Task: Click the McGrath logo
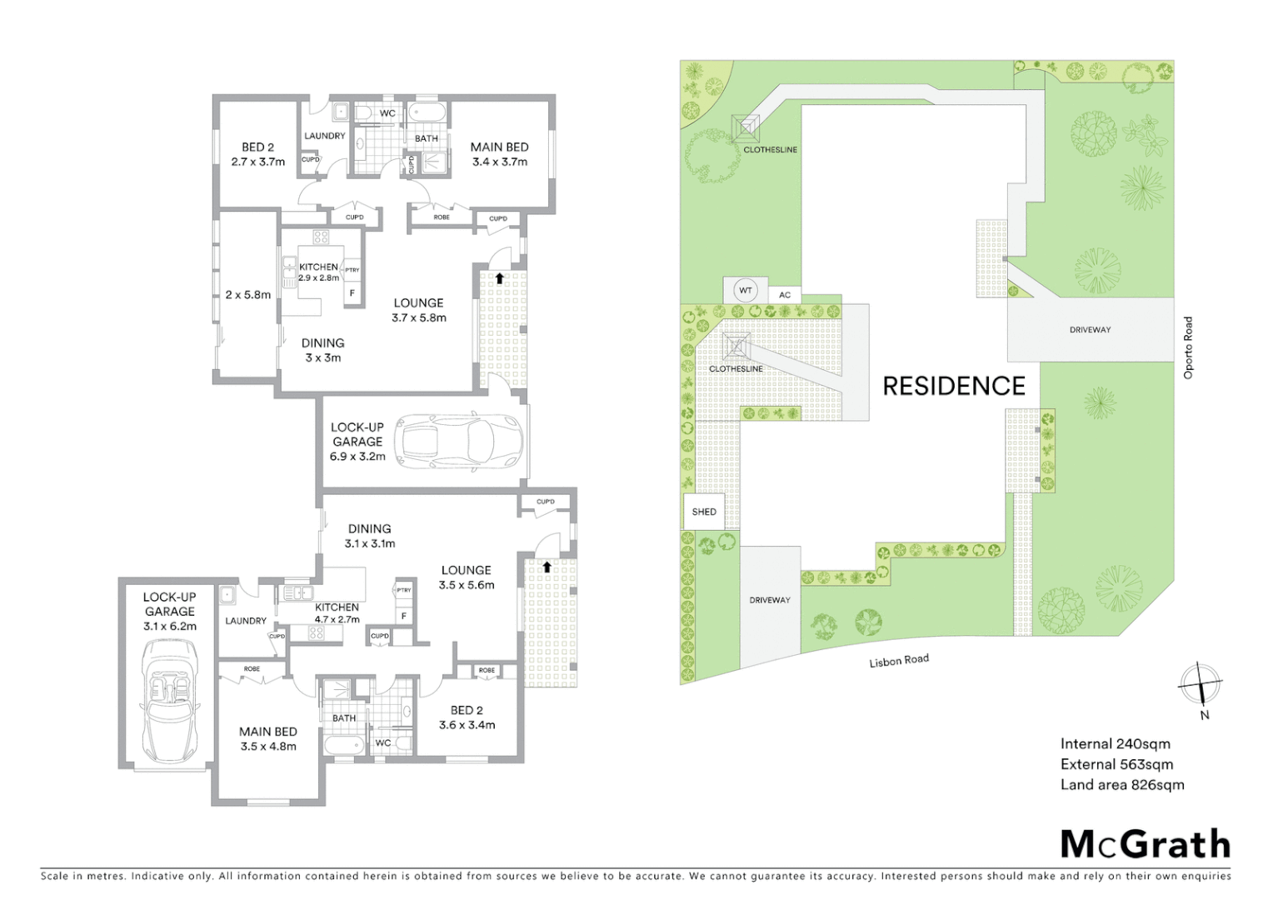[1145, 844]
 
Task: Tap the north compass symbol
[1200, 685]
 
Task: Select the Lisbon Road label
[898, 661]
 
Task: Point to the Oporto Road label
[1188, 347]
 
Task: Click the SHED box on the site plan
[704, 512]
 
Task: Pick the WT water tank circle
[746, 291]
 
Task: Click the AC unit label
[785, 295]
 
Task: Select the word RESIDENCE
[953, 386]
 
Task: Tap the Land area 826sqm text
[1121, 784]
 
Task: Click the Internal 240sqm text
[1115, 743]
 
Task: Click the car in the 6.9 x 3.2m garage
[459, 442]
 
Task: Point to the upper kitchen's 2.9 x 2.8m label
[318, 277]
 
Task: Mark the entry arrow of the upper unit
[499, 277]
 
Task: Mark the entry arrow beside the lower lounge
[547, 567]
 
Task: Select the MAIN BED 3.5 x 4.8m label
[267, 738]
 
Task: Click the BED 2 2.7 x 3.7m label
[257, 154]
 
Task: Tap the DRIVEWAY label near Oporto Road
[1090, 330]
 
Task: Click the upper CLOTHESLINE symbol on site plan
[746, 127]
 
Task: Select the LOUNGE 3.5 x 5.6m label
[466, 577]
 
